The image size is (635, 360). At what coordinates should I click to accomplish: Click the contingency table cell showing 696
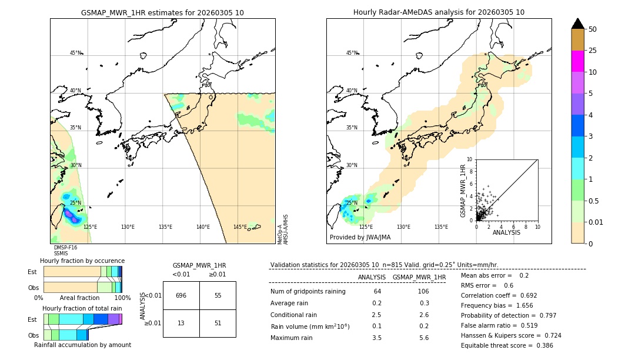pos(181,295)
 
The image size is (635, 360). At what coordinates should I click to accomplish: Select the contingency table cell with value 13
pos(181,323)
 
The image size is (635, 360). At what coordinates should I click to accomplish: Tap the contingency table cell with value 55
pos(218,295)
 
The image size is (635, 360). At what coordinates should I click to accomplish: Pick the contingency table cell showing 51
pos(218,323)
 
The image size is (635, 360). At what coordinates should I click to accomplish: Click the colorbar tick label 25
pos(593,51)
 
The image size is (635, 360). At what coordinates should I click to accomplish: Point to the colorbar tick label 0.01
pos(596,222)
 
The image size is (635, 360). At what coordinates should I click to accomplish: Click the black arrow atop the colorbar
pos(578,24)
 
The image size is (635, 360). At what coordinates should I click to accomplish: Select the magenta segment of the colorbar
pos(578,61)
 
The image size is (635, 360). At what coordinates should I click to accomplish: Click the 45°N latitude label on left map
pos(76,53)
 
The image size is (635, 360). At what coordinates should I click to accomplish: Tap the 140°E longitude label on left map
pos(203,227)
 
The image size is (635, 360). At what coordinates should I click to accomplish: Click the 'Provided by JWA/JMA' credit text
pos(360,238)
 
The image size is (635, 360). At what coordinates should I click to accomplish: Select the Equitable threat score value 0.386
pos(541,345)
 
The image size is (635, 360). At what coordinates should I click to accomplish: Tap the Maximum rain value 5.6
pos(423,338)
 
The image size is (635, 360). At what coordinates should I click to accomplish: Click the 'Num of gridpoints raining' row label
pos(308,291)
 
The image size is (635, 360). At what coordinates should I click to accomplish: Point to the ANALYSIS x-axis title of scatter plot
pos(506,232)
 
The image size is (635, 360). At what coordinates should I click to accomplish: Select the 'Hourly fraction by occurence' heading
pos(82,261)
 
